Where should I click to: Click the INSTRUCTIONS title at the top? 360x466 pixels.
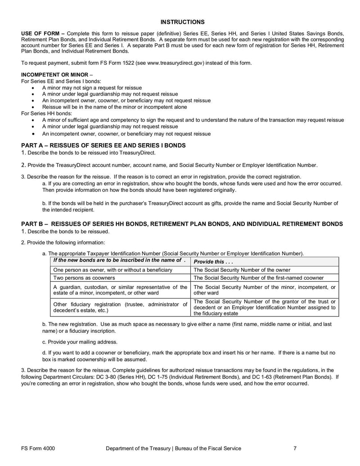(182, 22)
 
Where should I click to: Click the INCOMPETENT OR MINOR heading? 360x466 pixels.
(54, 74)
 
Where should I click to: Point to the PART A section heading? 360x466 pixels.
(103, 145)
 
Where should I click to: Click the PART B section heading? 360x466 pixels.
(182, 224)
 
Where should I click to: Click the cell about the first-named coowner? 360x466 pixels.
(258, 278)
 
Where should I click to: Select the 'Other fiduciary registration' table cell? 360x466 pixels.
(120, 308)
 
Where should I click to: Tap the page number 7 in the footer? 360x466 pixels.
(295, 448)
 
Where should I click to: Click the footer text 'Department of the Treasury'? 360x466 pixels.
(138, 448)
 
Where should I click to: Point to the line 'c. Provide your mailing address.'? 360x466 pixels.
(80, 342)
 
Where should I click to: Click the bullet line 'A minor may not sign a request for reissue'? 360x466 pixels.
(92, 88)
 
